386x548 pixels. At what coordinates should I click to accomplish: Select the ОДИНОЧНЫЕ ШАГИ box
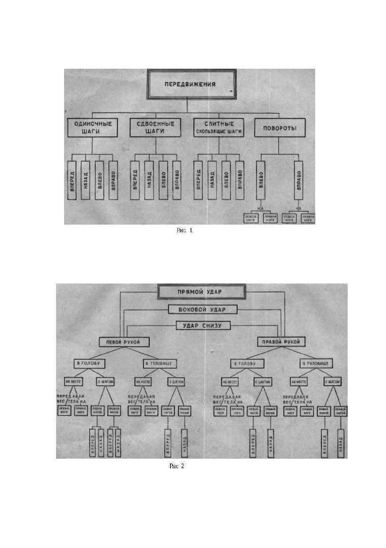click(93, 128)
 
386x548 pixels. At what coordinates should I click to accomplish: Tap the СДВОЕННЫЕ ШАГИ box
click(155, 128)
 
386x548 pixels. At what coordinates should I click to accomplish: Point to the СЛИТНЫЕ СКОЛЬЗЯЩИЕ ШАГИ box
click(219, 128)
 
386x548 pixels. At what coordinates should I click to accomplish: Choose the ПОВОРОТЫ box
click(280, 128)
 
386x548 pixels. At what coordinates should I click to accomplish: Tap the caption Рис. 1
click(185, 230)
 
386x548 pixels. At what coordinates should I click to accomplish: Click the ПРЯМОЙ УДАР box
click(201, 292)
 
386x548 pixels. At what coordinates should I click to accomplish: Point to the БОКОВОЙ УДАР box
click(203, 309)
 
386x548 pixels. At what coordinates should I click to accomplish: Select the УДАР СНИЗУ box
click(203, 326)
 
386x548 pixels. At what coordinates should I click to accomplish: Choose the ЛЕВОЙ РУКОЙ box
click(124, 342)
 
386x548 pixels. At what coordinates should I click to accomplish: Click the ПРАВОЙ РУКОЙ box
click(281, 342)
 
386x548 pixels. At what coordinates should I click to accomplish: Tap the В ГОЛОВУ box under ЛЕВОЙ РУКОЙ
click(89, 364)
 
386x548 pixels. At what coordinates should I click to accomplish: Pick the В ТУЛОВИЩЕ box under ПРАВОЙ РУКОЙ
click(316, 364)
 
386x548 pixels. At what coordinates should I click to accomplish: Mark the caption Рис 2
click(177, 466)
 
